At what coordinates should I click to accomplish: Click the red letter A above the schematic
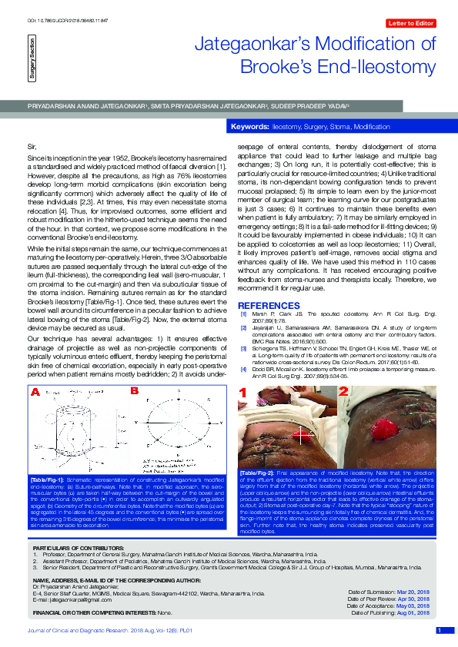click(35, 392)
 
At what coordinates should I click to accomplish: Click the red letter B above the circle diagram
click(133, 392)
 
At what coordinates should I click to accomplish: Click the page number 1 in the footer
click(439, 631)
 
